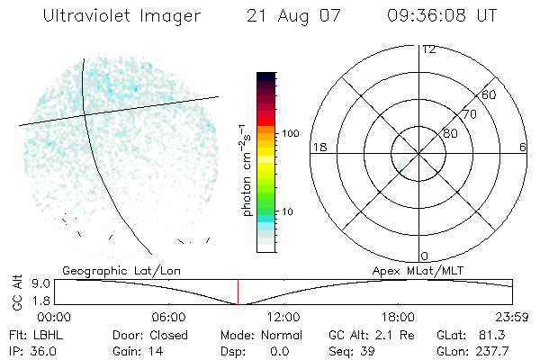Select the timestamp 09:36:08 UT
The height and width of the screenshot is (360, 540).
tap(442, 16)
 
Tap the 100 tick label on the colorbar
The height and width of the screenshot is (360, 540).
tap(289, 133)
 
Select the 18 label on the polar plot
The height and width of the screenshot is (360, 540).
tap(318, 147)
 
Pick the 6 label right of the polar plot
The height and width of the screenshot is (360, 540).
tap(523, 147)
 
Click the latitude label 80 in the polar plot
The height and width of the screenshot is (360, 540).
tap(450, 133)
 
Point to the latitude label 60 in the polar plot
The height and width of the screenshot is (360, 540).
tap(489, 94)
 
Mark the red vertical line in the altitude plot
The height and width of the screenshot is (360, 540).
tap(238, 292)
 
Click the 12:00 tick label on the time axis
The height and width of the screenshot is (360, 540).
tap(283, 317)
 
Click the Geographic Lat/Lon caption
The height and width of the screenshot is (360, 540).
tap(108, 269)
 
